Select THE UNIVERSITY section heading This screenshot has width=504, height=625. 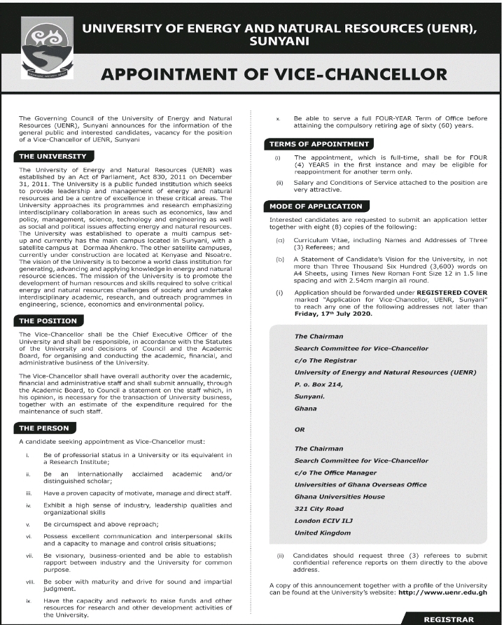[53, 156]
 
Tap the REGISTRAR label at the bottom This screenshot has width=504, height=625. [449, 619]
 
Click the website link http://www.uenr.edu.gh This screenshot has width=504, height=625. [442, 591]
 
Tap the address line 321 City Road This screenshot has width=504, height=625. [319, 508]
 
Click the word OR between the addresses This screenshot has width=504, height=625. [300, 430]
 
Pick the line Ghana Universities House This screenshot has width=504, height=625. [339, 496]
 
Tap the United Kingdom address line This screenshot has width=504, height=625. [323, 533]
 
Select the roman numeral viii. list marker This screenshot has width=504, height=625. [29, 581]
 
